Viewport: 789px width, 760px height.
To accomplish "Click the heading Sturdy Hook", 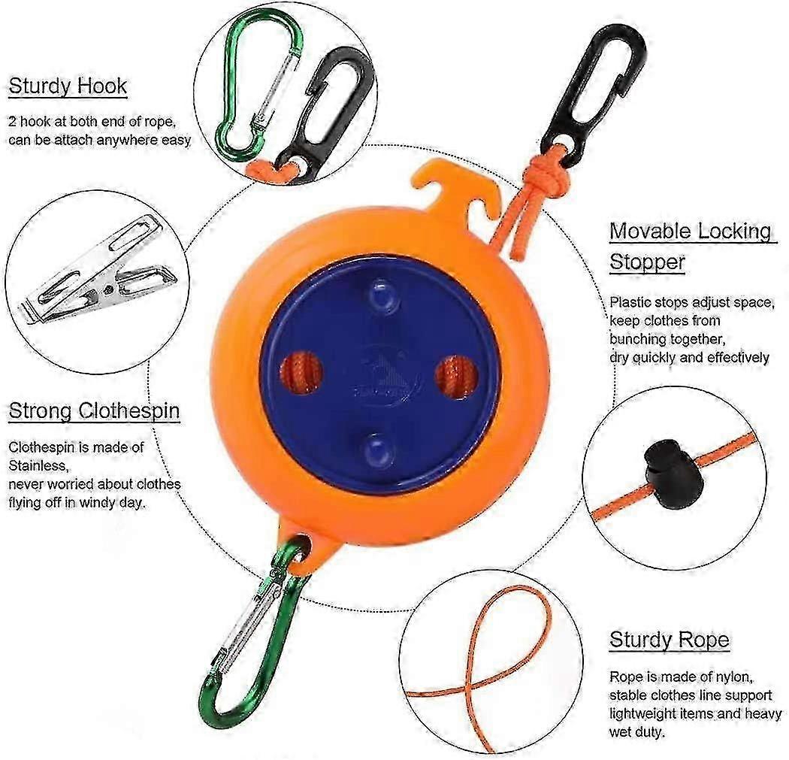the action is click(x=68, y=86).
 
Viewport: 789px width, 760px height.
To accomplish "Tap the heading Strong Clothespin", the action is click(x=95, y=410).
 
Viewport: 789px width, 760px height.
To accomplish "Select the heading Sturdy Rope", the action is click(x=670, y=640).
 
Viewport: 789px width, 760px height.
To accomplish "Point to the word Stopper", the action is click(x=647, y=262).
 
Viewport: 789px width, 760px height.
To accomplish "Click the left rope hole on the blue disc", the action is click(x=301, y=373).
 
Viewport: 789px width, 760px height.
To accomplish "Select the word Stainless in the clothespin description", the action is click(x=38, y=465).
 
